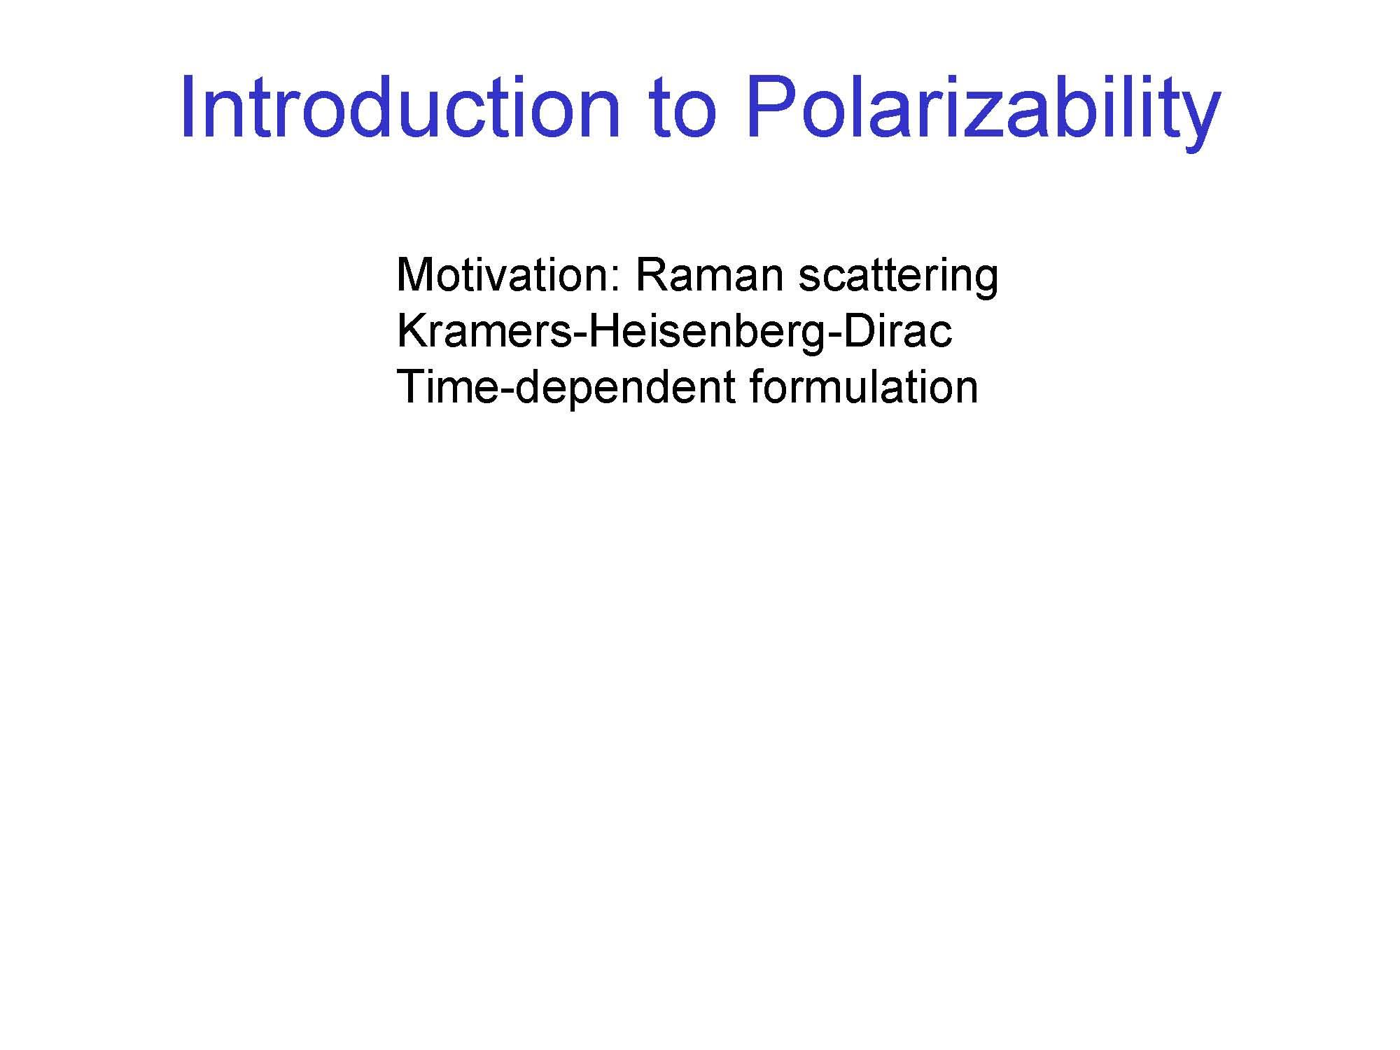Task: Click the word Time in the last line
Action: pyautogui.click(x=448, y=387)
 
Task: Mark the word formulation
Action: pyautogui.click(x=864, y=387)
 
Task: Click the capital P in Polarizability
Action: pyautogui.click(x=771, y=107)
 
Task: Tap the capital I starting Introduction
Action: pyautogui.click(x=186, y=107)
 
